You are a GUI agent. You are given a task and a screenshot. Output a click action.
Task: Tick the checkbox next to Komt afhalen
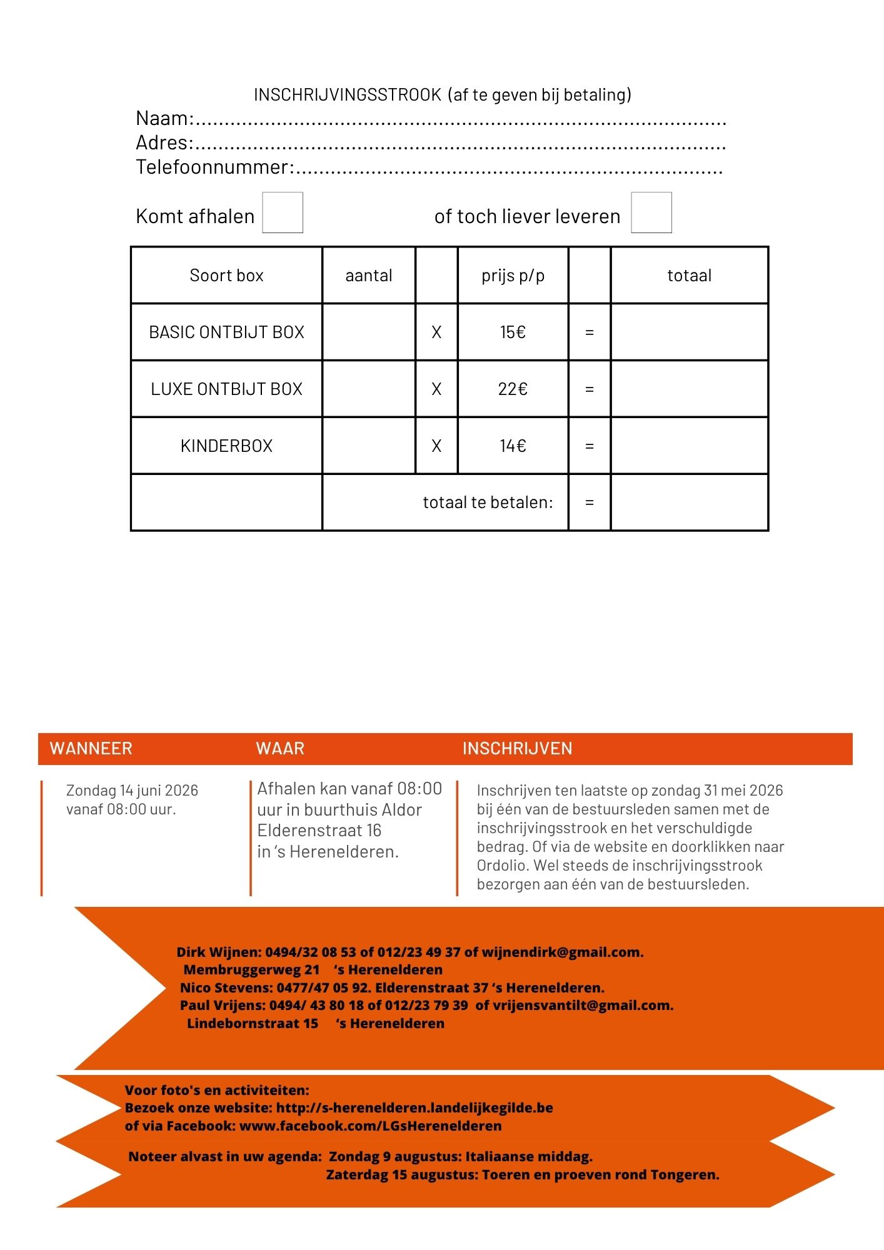[283, 212]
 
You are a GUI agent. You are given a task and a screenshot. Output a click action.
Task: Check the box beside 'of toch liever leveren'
[651, 212]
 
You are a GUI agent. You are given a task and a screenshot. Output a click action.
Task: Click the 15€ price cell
[513, 332]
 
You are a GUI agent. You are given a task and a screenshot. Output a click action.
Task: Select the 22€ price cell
[513, 389]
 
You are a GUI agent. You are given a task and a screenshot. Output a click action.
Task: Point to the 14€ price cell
[513, 446]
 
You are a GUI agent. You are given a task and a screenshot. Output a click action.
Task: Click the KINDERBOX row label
[226, 446]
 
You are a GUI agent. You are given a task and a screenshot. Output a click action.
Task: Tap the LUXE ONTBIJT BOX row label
[226, 389]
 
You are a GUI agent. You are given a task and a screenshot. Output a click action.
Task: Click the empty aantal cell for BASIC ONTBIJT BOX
[369, 332]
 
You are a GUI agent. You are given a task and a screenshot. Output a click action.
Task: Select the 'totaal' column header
[689, 276]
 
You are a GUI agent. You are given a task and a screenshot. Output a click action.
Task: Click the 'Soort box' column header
[226, 276]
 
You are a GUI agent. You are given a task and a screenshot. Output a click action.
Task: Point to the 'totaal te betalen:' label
[488, 502]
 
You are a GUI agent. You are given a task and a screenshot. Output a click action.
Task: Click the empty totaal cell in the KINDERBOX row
[689, 446]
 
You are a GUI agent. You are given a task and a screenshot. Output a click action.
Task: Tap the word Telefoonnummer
[213, 167]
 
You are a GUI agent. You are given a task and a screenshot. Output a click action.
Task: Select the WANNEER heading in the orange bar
[91, 749]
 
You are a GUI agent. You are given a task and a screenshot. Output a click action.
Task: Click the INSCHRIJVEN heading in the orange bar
[517, 749]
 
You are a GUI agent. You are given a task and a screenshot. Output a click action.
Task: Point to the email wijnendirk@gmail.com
[562, 952]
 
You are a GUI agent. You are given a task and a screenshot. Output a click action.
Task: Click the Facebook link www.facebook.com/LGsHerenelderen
[370, 1126]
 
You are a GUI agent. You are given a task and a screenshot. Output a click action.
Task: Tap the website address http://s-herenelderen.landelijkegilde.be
[414, 1108]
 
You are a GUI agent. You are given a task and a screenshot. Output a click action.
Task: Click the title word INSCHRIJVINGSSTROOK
[348, 95]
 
